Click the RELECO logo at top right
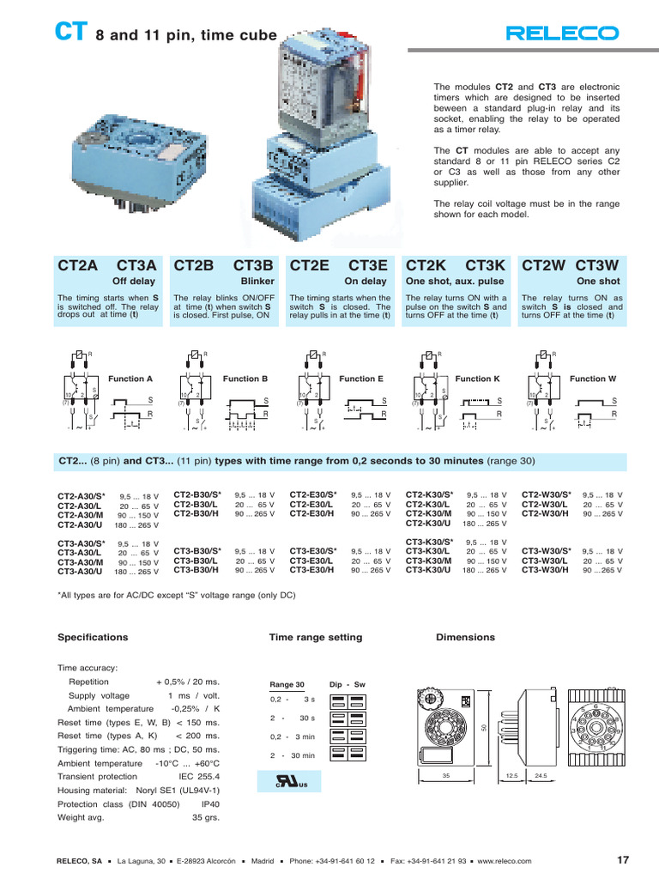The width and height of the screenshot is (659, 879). (562, 33)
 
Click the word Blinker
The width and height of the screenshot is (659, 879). (257, 281)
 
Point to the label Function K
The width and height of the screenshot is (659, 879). (477, 379)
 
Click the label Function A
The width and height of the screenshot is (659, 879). (130, 379)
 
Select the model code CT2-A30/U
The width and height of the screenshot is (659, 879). (81, 524)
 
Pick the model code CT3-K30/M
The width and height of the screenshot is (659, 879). (429, 561)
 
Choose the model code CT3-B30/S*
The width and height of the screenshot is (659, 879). (197, 551)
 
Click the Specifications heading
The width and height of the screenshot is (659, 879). (92, 637)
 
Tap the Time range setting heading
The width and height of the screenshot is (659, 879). (316, 637)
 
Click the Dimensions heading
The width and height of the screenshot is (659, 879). (465, 637)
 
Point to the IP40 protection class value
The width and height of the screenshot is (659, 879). (209, 804)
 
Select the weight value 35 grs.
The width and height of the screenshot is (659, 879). (205, 818)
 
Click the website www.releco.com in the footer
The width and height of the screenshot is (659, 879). (500, 861)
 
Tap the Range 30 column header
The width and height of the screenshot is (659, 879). (287, 684)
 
